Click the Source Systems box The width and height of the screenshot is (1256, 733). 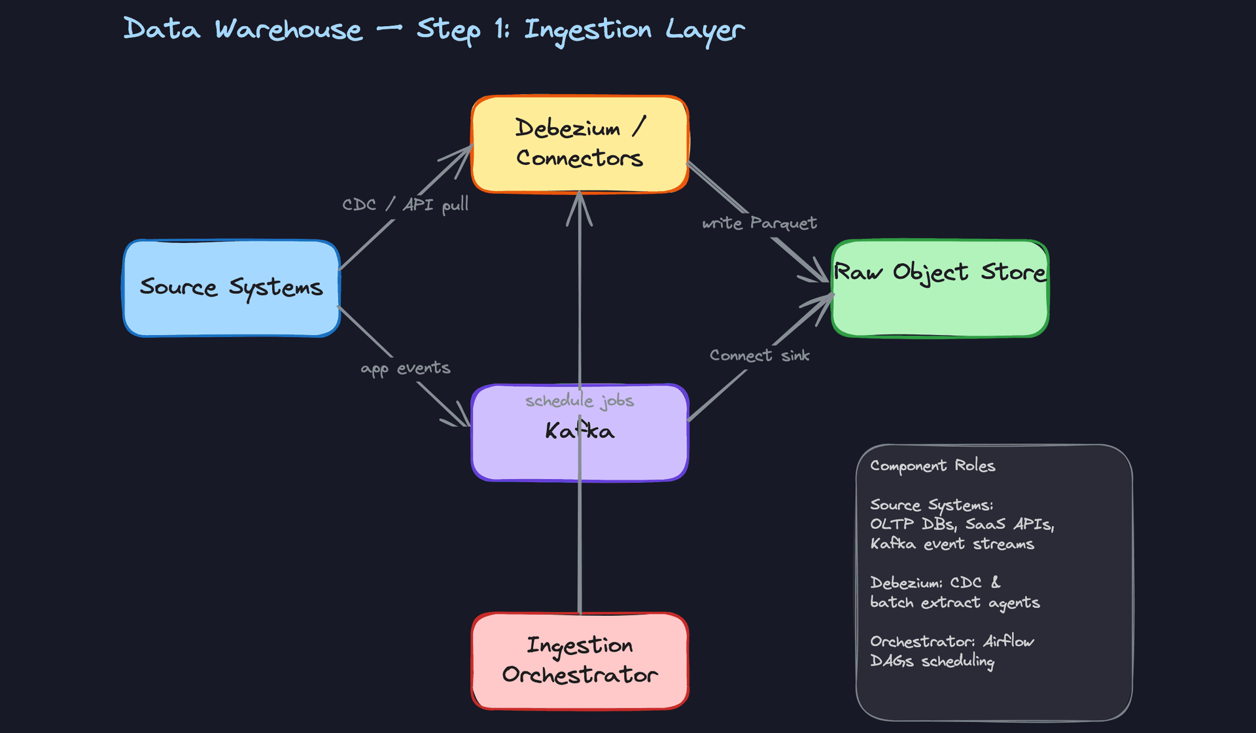click(232, 288)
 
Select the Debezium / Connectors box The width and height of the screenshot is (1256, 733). click(580, 144)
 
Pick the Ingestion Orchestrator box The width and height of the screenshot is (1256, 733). click(580, 661)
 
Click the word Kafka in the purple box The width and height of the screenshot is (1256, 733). click(580, 431)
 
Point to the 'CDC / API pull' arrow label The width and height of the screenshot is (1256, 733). click(405, 205)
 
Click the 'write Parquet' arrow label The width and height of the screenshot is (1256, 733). click(759, 224)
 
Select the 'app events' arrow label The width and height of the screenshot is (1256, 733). click(405, 368)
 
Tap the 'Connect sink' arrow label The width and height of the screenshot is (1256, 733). click(759, 355)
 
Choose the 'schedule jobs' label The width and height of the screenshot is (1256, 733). click(580, 401)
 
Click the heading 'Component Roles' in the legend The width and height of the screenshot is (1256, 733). click(932, 466)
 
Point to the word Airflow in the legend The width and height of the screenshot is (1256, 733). click(1008, 641)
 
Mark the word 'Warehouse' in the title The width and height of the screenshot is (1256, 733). click(288, 30)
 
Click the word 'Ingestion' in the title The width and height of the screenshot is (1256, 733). click(587, 30)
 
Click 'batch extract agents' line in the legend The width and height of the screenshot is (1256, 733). click(954, 603)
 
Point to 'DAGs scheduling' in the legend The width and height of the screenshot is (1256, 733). click(932, 661)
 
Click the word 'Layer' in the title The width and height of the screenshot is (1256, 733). click(705, 30)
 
